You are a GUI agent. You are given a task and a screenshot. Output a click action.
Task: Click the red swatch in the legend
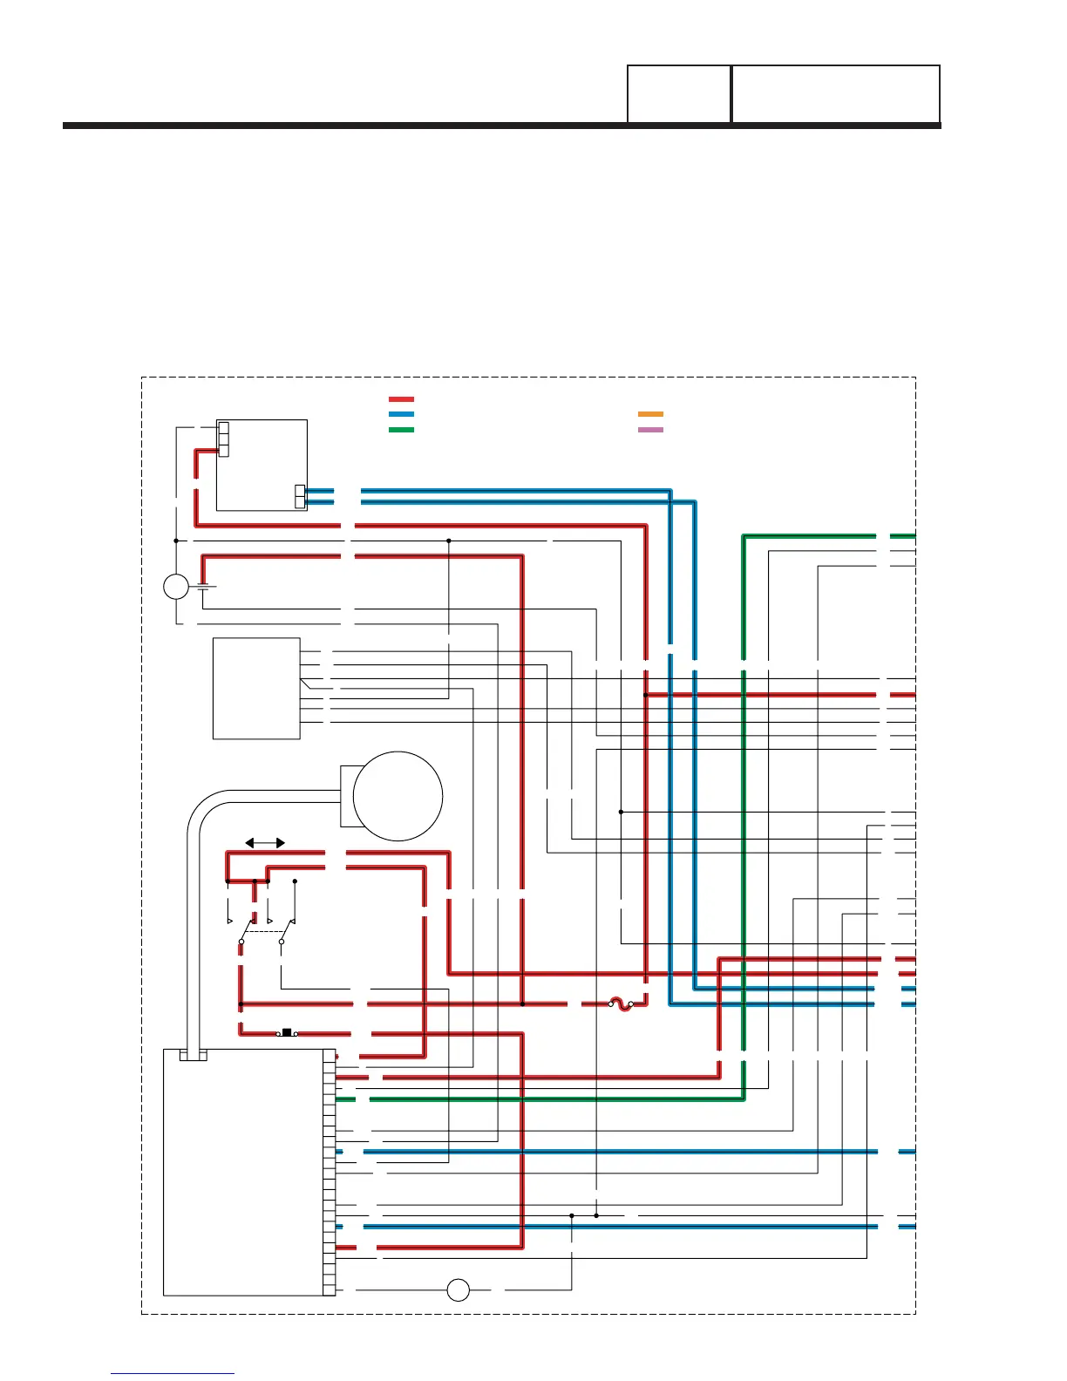click(x=401, y=399)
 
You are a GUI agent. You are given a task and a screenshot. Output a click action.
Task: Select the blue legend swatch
click(x=401, y=415)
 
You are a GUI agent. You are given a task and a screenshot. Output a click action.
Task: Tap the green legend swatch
click(x=401, y=430)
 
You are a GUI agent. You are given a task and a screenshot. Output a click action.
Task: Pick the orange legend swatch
click(x=650, y=414)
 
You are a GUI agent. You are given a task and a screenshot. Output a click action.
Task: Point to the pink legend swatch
click(x=650, y=430)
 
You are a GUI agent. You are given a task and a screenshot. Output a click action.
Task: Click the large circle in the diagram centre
click(x=398, y=796)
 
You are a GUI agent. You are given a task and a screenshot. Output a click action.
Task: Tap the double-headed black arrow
click(x=265, y=843)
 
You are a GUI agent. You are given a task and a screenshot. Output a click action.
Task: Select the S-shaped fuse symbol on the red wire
click(x=620, y=1004)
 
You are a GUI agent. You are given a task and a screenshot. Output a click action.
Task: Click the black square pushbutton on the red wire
click(x=286, y=1033)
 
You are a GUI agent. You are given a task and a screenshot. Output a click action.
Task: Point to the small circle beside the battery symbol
click(x=176, y=587)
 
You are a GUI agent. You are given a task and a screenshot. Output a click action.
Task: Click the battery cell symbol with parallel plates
click(x=206, y=586)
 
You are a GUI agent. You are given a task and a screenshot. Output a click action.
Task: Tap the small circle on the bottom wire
click(x=458, y=1289)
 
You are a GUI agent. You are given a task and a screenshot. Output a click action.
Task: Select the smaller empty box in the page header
click(x=679, y=94)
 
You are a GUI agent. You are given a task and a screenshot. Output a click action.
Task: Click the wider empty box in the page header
click(x=835, y=94)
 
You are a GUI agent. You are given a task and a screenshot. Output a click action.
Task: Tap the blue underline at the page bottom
click(x=173, y=1374)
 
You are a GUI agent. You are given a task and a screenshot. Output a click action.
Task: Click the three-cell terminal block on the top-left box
click(x=223, y=439)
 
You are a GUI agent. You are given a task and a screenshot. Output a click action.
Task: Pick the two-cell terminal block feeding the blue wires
click(x=301, y=496)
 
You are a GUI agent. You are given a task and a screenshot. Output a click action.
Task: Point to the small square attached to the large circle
click(x=347, y=796)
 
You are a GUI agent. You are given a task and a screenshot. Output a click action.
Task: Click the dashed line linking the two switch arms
click(x=262, y=932)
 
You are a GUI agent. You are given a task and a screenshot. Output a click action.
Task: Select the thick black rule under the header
click(x=501, y=126)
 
